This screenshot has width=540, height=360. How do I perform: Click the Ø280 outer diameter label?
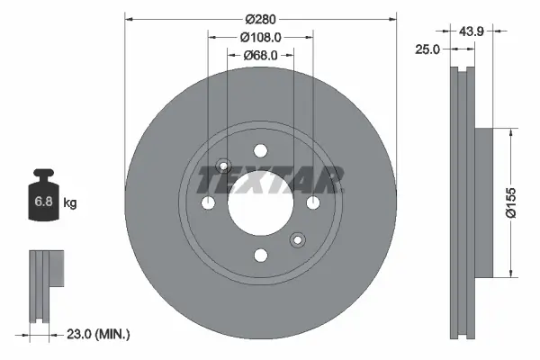click(x=260, y=18)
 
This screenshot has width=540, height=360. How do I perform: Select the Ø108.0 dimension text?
click(x=263, y=37)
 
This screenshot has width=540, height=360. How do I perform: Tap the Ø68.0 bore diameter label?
click(x=263, y=56)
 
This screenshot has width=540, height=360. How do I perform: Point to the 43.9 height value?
click(x=472, y=31)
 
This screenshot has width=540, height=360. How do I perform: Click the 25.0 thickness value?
click(x=427, y=49)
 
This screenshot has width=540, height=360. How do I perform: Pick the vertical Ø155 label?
click(x=509, y=202)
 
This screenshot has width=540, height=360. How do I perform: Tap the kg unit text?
click(x=70, y=204)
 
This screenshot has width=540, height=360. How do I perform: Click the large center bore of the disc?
click(x=260, y=203)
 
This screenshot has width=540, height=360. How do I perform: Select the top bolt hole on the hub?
click(x=260, y=150)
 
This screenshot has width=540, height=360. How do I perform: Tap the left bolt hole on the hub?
click(x=208, y=203)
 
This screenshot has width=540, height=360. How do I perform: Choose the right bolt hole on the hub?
click(x=313, y=203)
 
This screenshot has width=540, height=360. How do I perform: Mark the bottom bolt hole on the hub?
click(x=260, y=256)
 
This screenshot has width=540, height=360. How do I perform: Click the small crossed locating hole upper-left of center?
click(x=226, y=166)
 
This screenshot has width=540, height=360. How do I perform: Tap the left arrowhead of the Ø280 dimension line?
click(x=128, y=18)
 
